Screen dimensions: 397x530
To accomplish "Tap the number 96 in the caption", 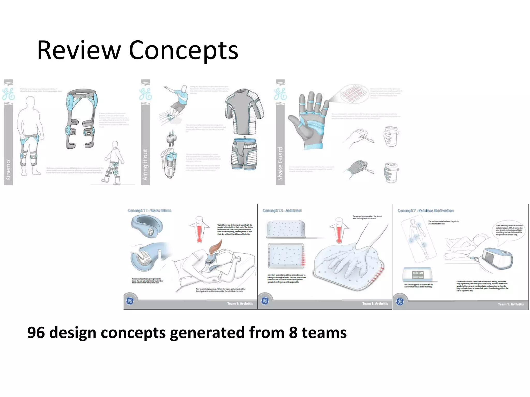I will [x=36, y=332].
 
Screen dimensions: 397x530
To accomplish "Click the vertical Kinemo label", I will [x=8, y=170].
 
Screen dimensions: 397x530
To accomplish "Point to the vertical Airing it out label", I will [x=145, y=164].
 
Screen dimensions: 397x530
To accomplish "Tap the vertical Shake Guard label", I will [x=280, y=163].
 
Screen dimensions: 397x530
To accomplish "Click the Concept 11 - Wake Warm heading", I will [x=149, y=210].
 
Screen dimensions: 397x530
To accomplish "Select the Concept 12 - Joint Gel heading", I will [x=282, y=210].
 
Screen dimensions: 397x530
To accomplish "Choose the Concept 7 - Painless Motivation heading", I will [x=425, y=210].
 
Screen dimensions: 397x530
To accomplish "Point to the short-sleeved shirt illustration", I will [x=244, y=111].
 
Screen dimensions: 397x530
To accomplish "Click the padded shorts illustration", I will [x=244, y=154].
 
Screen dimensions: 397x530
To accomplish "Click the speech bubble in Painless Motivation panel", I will [x=509, y=231].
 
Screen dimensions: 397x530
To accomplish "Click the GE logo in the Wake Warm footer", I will [x=130, y=301].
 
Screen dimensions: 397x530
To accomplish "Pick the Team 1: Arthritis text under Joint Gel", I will [x=375, y=303].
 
